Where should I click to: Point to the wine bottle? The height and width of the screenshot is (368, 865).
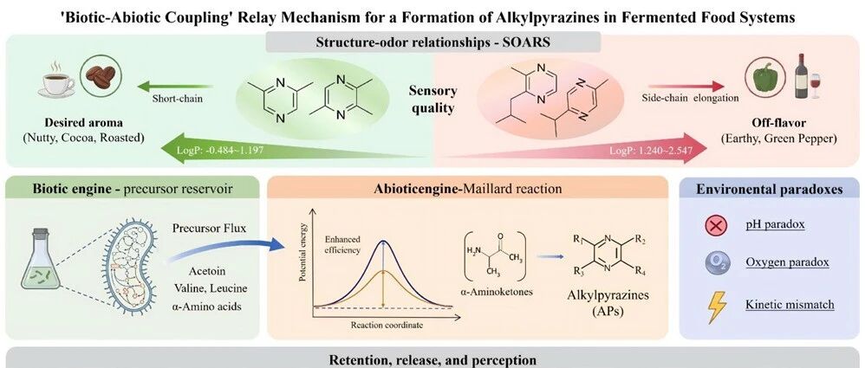[801, 75]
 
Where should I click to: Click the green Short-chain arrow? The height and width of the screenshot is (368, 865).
[175, 86]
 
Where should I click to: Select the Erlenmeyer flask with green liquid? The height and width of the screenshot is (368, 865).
[40, 260]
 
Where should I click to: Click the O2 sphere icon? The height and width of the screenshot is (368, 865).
[716, 262]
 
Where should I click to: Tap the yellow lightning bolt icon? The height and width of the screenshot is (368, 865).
[716, 306]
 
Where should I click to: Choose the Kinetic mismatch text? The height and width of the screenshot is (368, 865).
[790, 305]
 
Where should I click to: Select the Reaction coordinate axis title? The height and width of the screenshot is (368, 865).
[387, 325]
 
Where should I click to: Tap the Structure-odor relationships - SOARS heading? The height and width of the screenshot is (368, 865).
[432, 42]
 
